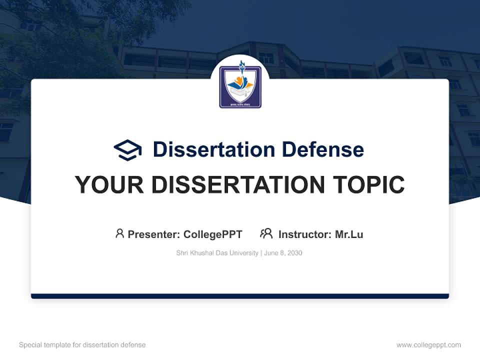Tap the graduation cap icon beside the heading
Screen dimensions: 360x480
coord(127,149)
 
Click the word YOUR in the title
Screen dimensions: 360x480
coord(109,185)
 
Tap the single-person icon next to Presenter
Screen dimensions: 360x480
coord(119,233)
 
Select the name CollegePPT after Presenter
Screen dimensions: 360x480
coord(213,234)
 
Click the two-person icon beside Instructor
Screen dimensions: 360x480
coord(266,233)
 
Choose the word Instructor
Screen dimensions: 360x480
coord(304,234)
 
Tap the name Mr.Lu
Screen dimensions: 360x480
coord(349,234)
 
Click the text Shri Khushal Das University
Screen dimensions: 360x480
coord(217,253)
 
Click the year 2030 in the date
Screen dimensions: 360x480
coord(294,253)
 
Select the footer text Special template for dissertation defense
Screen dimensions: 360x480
coord(82,345)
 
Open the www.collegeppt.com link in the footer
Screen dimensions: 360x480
coord(428,345)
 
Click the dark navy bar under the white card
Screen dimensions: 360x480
coord(240,296)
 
